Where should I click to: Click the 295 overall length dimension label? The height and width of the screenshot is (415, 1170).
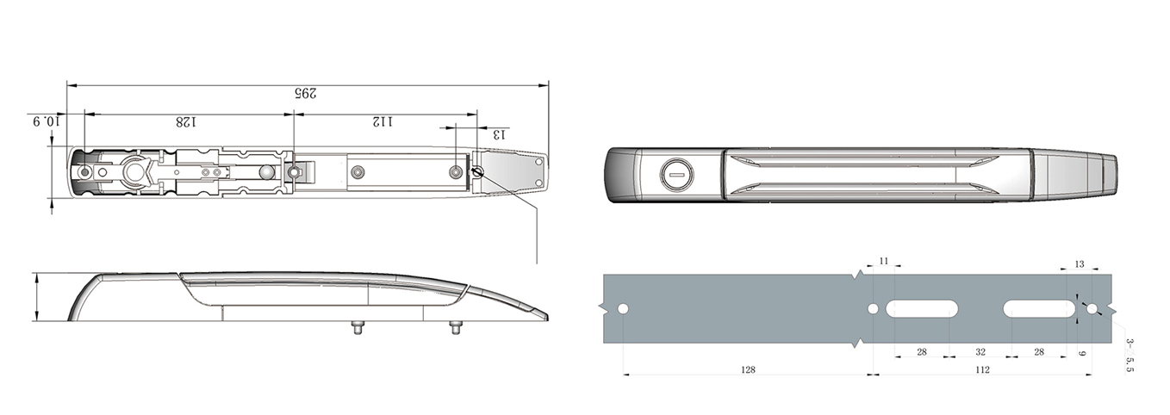point(306,94)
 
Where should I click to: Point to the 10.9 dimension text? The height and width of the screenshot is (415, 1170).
point(47,121)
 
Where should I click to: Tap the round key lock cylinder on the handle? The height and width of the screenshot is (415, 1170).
point(677,174)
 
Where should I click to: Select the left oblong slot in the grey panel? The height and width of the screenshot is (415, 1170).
point(922,309)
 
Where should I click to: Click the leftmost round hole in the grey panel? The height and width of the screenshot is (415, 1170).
point(623,309)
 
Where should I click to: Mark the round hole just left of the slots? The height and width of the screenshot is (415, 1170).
point(872,309)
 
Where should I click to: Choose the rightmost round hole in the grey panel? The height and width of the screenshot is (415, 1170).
point(1092,309)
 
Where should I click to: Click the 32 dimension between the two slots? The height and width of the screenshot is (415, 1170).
point(980,352)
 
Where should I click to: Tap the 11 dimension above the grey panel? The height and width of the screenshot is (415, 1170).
point(884,261)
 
